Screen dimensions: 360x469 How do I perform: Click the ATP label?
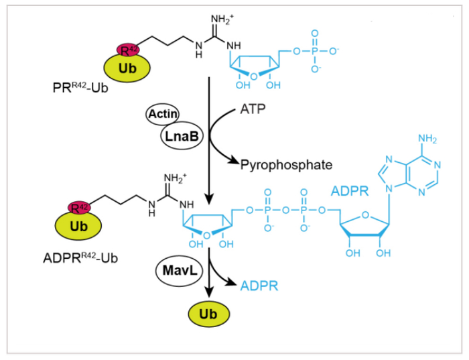(252, 110)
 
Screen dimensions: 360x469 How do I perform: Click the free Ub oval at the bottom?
(208, 314)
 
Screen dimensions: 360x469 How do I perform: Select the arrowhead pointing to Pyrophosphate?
(234, 160)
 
